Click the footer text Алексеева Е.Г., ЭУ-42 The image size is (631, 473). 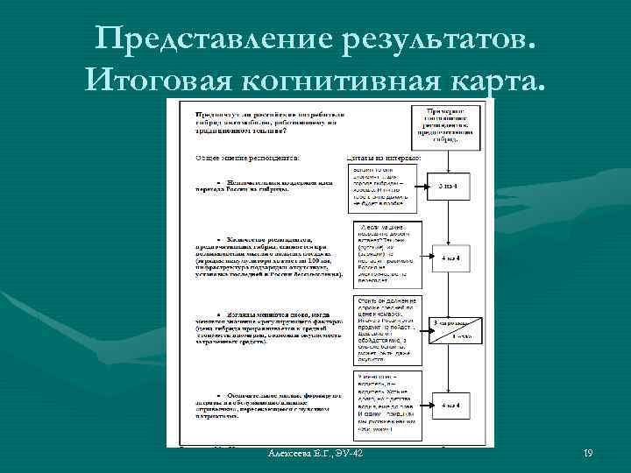click(317, 452)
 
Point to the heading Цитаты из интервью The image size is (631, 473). click(385, 158)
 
